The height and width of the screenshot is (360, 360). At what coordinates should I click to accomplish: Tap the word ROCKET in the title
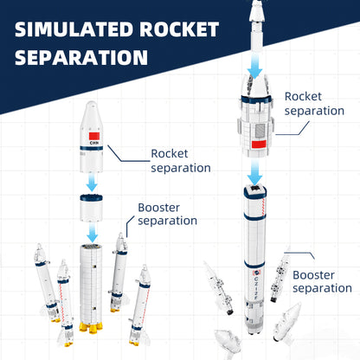click(x=179, y=29)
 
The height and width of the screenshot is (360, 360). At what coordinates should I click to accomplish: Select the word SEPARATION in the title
click(x=81, y=57)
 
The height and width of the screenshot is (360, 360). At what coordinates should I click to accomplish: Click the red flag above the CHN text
click(x=94, y=136)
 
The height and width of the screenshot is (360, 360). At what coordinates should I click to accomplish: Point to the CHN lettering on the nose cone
click(x=94, y=143)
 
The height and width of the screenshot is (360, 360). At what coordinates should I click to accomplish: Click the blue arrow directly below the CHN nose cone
click(x=92, y=183)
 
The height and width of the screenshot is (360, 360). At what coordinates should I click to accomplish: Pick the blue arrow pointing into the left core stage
click(x=93, y=233)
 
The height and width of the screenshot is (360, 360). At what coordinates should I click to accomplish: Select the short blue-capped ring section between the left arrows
click(x=91, y=208)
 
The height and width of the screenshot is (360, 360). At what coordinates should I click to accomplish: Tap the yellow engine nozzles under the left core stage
click(x=91, y=327)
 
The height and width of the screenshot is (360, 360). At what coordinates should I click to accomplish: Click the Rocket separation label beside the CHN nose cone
click(x=181, y=161)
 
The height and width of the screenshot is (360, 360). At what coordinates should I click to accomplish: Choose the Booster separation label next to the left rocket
click(x=167, y=215)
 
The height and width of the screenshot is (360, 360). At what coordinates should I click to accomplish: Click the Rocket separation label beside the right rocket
click(x=314, y=104)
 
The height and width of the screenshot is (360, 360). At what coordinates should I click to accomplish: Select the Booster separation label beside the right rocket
click(x=322, y=281)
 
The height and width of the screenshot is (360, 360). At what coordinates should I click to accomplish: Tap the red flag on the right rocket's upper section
click(x=259, y=145)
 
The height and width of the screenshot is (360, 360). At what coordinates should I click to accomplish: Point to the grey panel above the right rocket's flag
click(x=260, y=131)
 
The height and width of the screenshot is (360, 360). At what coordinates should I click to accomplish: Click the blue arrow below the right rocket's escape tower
click(x=255, y=66)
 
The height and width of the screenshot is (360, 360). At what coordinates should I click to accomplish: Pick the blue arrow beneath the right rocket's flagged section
click(x=255, y=172)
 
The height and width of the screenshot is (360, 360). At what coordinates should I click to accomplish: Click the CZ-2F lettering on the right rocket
click(x=256, y=287)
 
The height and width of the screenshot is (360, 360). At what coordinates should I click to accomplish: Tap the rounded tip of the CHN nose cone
click(x=91, y=103)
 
